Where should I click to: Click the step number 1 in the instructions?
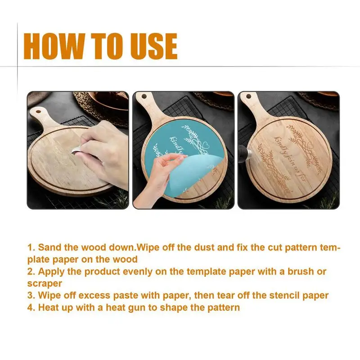31,247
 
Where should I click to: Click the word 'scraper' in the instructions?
44,283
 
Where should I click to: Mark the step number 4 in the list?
31,308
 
